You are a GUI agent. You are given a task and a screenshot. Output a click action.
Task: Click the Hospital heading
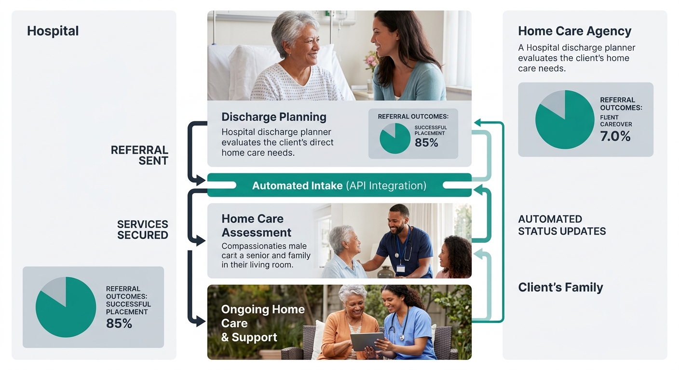tap(53, 31)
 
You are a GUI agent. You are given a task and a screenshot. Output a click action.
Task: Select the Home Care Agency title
tap(574, 31)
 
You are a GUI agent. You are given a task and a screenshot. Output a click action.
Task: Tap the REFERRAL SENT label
tap(139, 155)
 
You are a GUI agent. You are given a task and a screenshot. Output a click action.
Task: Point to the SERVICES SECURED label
tap(142, 230)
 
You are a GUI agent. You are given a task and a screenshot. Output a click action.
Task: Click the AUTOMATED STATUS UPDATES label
tap(562, 225)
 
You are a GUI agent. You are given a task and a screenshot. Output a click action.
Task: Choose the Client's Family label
tap(560, 288)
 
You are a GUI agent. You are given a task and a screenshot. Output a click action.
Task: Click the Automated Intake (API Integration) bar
tap(339, 185)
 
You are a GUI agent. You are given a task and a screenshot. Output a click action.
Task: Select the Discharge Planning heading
tap(273, 117)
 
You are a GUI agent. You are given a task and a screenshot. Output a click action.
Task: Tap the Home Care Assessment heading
tap(256, 225)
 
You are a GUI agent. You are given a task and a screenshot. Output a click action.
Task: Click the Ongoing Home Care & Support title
tap(262, 323)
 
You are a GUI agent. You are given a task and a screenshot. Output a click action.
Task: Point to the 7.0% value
tap(615, 136)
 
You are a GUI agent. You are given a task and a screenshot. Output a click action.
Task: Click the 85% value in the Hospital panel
tap(119, 323)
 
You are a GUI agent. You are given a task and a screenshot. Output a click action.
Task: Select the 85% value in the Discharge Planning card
tap(426, 143)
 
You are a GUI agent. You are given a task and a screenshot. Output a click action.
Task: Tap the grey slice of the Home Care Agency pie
tap(553, 102)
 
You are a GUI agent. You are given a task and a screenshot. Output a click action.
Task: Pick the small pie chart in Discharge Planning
tap(394, 138)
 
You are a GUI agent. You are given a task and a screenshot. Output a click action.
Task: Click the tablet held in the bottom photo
tap(367, 341)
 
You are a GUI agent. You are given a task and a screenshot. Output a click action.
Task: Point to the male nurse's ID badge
tap(400, 268)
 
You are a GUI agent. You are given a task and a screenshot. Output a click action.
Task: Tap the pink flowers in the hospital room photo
tap(371, 61)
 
